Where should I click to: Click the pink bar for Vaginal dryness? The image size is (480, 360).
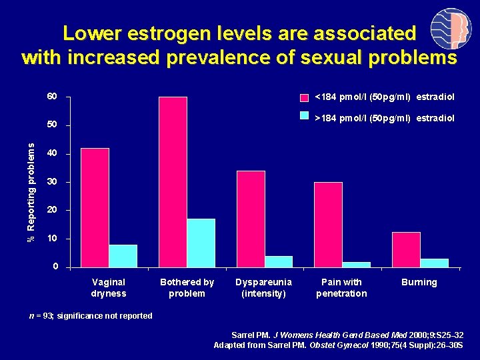95,207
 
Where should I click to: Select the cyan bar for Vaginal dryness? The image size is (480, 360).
123,256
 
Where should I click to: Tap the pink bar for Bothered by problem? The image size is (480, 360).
173,181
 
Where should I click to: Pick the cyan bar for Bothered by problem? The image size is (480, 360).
201,243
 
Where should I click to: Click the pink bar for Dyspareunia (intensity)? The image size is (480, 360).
251,219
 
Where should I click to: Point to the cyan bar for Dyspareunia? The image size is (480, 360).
279,261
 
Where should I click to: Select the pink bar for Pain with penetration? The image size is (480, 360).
328,224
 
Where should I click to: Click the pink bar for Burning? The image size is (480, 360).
406,249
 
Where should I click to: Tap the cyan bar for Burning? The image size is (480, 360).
434,263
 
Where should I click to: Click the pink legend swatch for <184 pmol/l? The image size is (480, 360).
304,97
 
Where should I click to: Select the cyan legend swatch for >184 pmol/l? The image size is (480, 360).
304,116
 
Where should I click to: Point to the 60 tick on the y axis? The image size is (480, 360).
52,97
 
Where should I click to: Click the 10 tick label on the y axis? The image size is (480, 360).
52,239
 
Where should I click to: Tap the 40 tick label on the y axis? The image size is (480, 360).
52,154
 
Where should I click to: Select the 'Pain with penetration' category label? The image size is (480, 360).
341,288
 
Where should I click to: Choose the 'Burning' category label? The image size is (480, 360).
419,282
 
